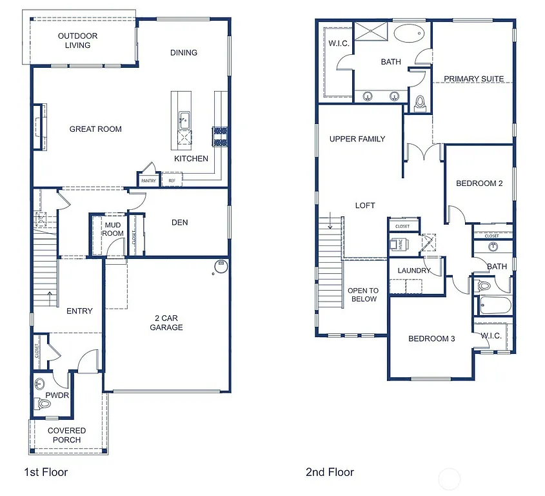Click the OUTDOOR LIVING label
point(77,41)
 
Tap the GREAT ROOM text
point(95,129)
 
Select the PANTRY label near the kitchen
point(148,181)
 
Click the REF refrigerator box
point(172,181)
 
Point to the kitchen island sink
point(184,119)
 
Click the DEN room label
point(180,223)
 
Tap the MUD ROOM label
point(113,229)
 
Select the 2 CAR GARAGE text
point(167,322)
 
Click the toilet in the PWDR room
point(43,404)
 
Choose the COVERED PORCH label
point(66,435)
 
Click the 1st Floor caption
point(46,472)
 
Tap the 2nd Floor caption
point(330,472)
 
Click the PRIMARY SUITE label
point(474,79)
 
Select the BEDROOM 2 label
point(479,183)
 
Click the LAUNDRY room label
point(414,271)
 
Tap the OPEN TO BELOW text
point(364,294)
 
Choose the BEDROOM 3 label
point(431,338)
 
